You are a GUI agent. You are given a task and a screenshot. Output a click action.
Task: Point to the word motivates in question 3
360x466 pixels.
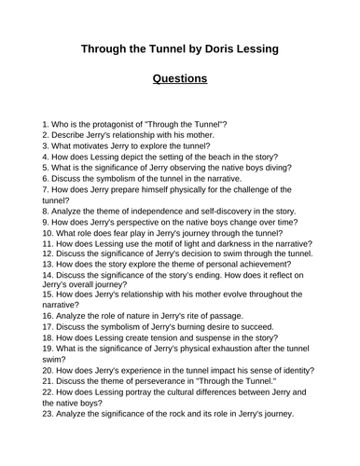[x=84, y=146]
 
